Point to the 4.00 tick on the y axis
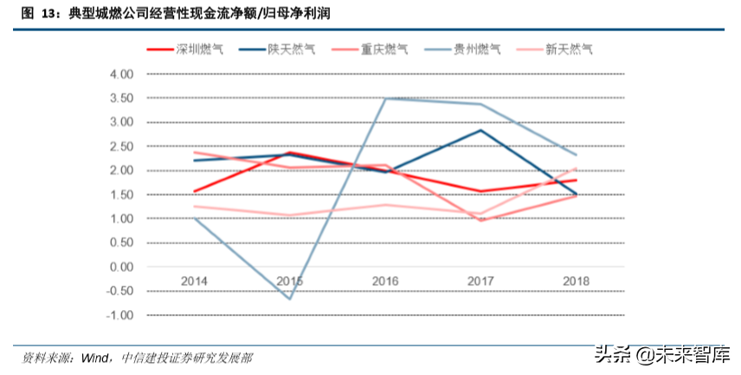[122, 74]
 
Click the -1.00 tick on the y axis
[120, 315]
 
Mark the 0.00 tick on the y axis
[122, 267]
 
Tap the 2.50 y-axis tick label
[122, 146]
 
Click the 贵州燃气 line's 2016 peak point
[385, 99]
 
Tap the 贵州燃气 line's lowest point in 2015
[289, 299]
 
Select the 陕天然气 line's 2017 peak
[481, 130]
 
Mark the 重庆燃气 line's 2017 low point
[481, 221]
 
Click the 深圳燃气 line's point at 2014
[193, 191]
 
